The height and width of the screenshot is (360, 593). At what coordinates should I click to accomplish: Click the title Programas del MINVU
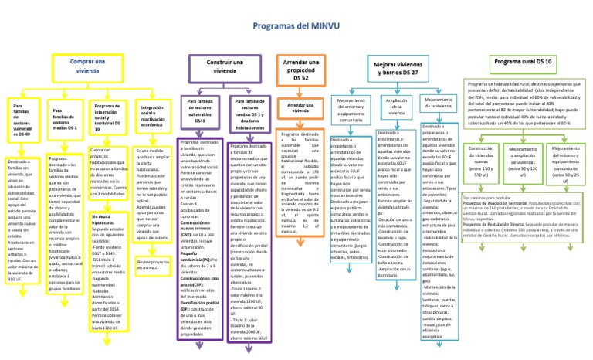pos(296,26)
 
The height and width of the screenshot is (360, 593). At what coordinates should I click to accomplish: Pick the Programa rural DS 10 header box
pos(524,60)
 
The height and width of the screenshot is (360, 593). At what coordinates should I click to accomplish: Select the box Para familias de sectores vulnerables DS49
pos(199,110)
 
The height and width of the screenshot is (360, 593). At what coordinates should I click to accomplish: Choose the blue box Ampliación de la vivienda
pos(397,106)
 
